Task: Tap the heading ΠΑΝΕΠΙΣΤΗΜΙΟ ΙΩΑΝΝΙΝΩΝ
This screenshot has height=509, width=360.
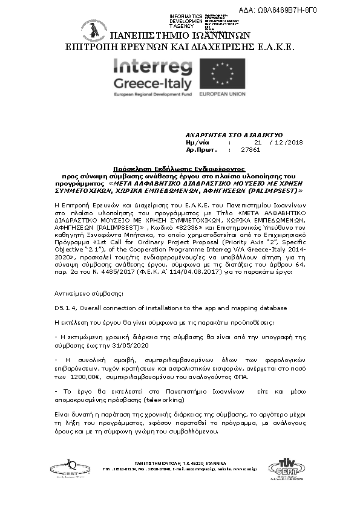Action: point(179,36)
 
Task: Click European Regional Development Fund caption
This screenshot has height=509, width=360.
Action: point(152,95)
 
